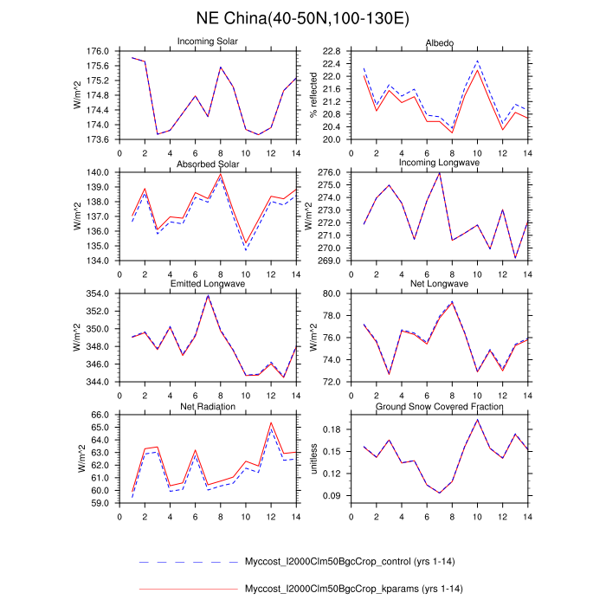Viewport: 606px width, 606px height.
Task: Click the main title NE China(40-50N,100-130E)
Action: pyautogui.click(x=303, y=18)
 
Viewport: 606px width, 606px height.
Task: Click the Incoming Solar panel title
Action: pyautogui.click(x=208, y=42)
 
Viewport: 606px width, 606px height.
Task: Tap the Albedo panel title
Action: pyautogui.click(x=439, y=42)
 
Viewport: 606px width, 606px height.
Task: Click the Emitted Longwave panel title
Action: pyautogui.click(x=208, y=284)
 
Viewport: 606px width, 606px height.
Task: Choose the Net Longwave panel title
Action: pyautogui.click(x=439, y=284)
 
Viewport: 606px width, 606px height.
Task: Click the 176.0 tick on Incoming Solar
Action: pyautogui.click(x=100, y=51)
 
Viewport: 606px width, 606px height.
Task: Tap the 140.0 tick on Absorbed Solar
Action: pyautogui.click(x=100, y=172)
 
